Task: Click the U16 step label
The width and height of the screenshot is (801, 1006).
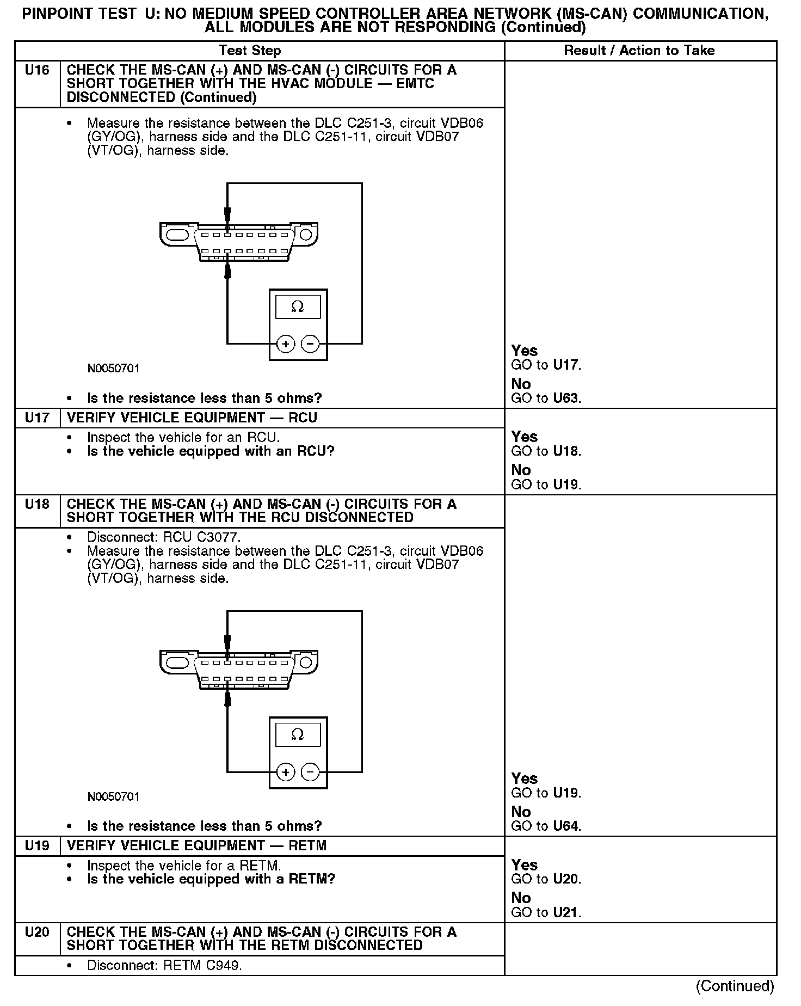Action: point(37,70)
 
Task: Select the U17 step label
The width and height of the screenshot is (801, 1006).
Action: point(37,418)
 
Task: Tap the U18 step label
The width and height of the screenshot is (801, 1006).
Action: point(37,504)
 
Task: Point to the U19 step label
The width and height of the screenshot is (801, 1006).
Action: point(37,845)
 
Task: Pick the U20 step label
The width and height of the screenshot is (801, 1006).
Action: point(37,932)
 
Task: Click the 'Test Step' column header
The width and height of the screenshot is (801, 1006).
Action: point(250,51)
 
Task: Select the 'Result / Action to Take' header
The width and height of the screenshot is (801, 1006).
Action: point(639,51)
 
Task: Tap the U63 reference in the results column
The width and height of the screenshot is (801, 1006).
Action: point(565,398)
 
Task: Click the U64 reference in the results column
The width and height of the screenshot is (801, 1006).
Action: point(565,826)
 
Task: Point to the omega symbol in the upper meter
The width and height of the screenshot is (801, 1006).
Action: point(298,307)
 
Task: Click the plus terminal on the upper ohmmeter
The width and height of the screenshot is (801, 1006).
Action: point(286,344)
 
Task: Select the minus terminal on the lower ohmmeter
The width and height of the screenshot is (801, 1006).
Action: point(310,772)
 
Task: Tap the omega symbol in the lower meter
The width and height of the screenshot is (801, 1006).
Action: point(298,735)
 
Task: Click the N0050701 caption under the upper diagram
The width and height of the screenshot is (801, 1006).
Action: point(113,369)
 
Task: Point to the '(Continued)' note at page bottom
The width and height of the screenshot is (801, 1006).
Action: point(735,986)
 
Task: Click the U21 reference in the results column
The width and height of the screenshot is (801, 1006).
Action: point(565,912)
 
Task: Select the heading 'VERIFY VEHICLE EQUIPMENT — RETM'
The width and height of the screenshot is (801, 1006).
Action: point(196,845)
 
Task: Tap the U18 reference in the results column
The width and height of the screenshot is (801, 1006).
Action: point(565,451)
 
